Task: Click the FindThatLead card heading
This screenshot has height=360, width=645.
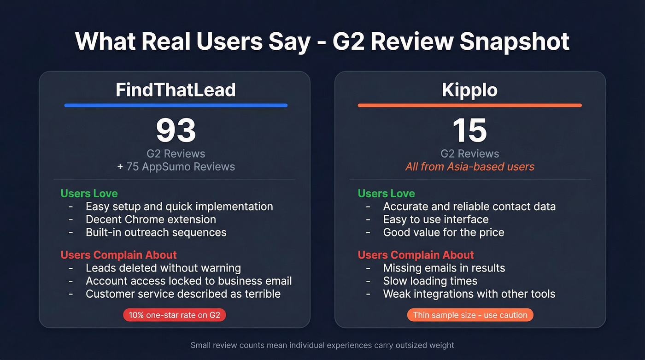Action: [x=176, y=90]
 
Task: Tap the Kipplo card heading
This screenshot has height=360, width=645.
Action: [x=469, y=90]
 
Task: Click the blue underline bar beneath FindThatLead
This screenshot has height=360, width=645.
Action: [x=176, y=105]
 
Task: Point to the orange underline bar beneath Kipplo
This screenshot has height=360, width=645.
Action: [x=469, y=105]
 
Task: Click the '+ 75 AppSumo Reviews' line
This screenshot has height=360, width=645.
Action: [x=176, y=166]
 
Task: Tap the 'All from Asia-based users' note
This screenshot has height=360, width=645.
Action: [x=469, y=166]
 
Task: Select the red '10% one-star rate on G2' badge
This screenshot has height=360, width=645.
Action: [x=174, y=315]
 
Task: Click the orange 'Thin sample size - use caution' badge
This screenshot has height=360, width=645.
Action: [x=470, y=315]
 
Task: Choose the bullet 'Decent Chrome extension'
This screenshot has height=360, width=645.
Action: [x=151, y=219]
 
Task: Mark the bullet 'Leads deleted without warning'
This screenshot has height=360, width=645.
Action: [x=163, y=268]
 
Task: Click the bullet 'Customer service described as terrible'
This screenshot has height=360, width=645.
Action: [x=183, y=294]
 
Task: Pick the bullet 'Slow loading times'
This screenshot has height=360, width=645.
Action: [x=430, y=281]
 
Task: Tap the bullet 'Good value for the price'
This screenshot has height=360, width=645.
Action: [x=443, y=232]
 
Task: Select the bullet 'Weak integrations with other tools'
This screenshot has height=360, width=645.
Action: [x=469, y=294]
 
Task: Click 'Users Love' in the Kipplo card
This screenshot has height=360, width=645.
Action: [x=386, y=194]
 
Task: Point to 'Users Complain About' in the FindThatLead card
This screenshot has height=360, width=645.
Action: [x=118, y=255]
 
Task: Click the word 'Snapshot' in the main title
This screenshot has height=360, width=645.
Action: [x=515, y=41]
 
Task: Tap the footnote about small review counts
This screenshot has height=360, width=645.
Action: [x=322, y=345]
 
